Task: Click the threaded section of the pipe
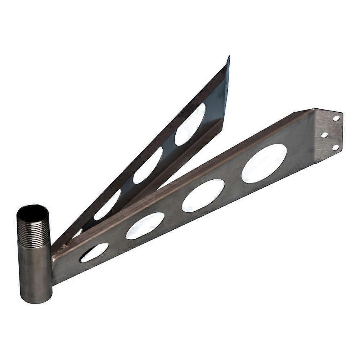(x=33, y=227)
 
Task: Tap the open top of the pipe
(x=33, y=210)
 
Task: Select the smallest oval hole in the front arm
(x=94, y=252)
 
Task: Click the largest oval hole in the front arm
(x=264, y=163)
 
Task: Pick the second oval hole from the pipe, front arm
(x=145, y=226)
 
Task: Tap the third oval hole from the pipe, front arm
(x=203, y=195)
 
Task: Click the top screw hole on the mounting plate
(x=336, y=118)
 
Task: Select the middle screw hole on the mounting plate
(x=324, y=135)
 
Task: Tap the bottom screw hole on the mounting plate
(x=335, y=147)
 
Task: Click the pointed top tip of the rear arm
(x=228, y=58)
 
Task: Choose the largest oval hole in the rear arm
(x=190, y=124)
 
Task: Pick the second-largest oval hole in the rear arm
(x=148, y=165)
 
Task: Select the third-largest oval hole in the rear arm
(x=107, y=205)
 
